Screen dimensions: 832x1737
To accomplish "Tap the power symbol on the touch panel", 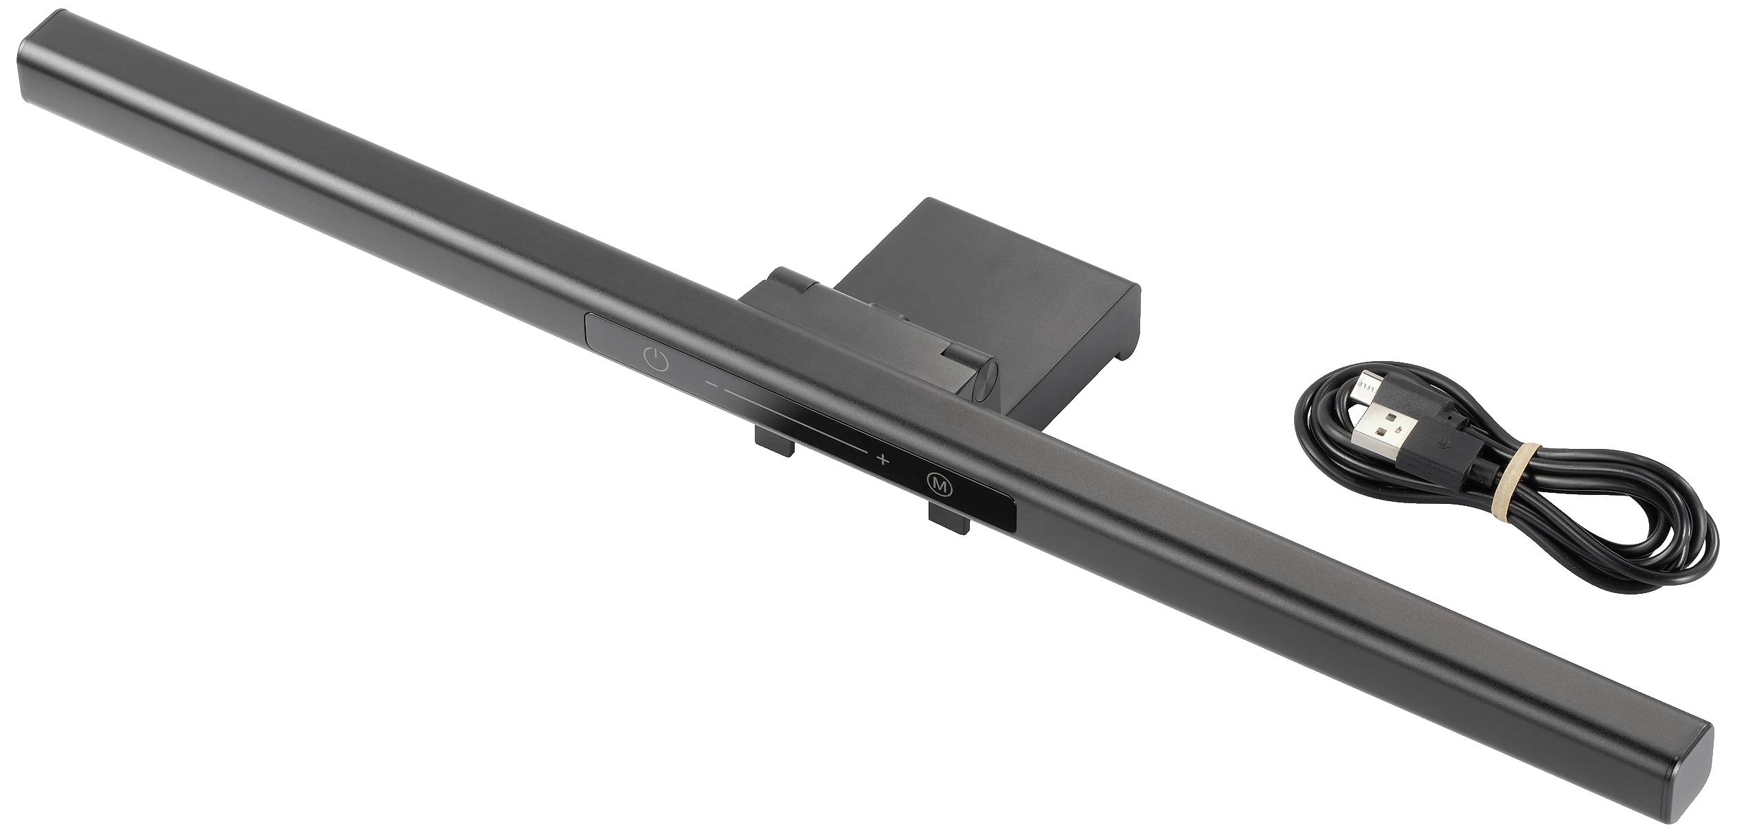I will coord(657,360).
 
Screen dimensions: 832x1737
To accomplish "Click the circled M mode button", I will coord(939,485).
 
